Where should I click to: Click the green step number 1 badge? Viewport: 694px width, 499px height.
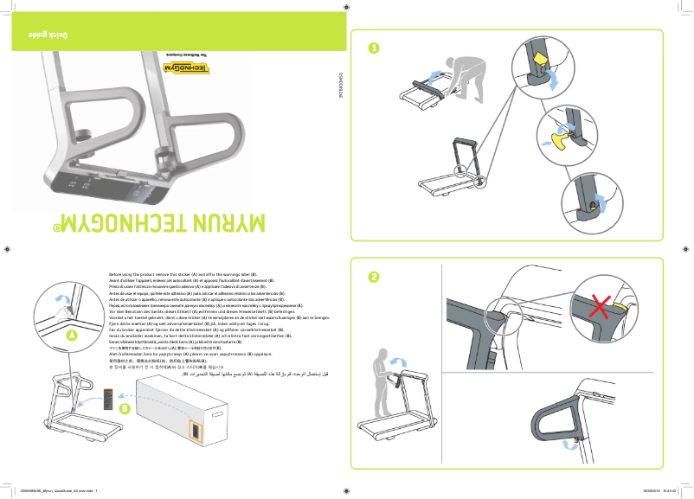373,48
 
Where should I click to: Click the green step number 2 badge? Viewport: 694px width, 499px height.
373,277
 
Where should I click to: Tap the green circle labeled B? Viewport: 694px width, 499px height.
125,408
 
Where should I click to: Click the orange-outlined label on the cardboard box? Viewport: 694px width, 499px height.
196,430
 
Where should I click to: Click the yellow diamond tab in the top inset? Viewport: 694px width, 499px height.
537,61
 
